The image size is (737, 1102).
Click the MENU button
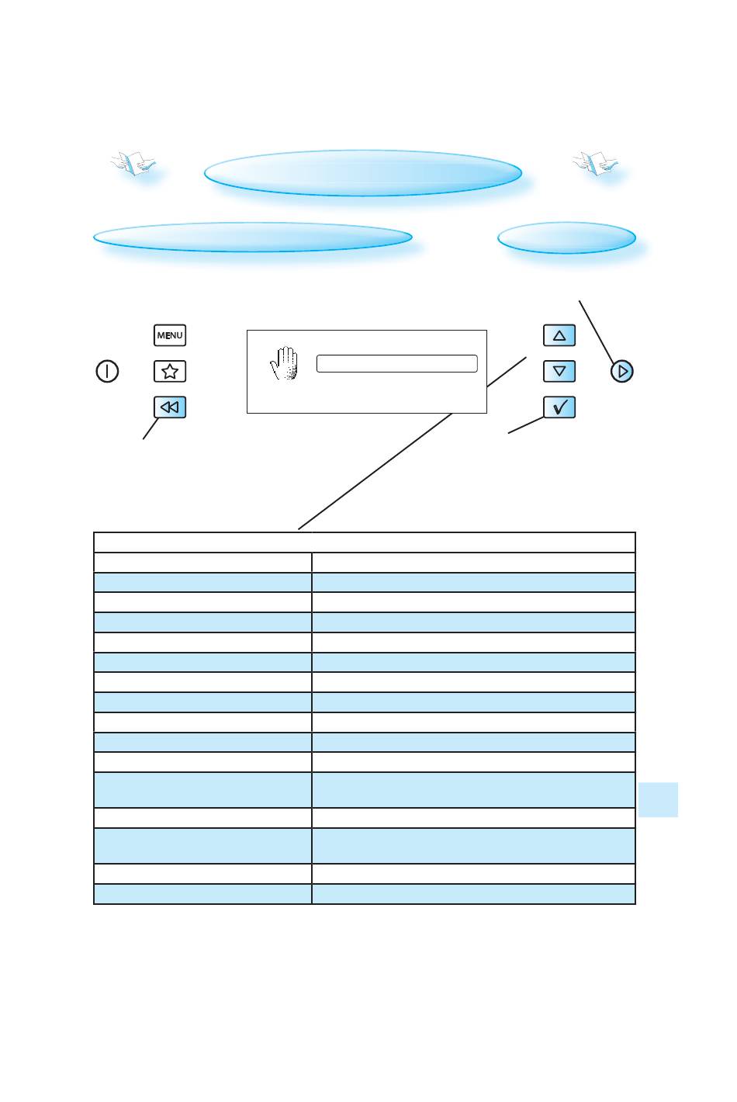click(170, 335)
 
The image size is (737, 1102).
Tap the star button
click(170, 372)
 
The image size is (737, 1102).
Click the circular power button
click(107, 372)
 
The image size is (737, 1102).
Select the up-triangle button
click(559, 335)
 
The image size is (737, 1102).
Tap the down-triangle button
click(559, 372)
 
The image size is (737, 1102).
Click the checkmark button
click(559, 407)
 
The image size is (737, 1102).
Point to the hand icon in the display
click(285, 363)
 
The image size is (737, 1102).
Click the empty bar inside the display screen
click(396, 364)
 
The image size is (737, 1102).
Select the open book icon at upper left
click(133, 164)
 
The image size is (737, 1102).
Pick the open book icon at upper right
click(596, 163)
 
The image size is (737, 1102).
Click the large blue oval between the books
click(362, 173)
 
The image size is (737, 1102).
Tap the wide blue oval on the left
click(252, 237)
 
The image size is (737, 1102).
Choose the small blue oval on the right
click(566, 237)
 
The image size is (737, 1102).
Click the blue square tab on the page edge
click(659, 799)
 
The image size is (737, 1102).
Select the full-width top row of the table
click(364, 542)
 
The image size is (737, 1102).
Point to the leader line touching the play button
click(596, 330)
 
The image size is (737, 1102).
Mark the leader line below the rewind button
click(151, 429)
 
